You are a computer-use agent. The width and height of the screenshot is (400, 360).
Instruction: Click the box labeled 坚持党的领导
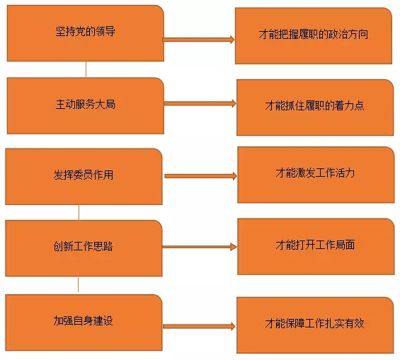[86, 33]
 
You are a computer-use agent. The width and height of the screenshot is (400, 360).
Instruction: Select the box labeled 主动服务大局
[86, 105]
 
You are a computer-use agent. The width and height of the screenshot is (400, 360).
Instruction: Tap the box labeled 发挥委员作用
[84, 177]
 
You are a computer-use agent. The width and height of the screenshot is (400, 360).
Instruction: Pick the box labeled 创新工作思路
[84, 248]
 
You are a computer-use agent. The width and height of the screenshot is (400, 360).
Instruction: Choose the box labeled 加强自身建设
[84, 323]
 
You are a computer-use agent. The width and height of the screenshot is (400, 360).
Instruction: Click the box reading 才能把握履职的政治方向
[314, 35]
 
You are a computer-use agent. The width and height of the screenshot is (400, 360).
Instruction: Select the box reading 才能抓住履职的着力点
[315, 108]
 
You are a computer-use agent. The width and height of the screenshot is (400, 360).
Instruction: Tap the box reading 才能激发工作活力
[316, 175]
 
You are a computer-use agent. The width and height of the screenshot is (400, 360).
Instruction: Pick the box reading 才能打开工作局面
[316, 246]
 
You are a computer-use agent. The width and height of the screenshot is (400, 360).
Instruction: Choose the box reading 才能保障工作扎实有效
[315, 325]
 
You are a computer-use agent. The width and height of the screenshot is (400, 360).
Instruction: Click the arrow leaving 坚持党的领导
[198, 40]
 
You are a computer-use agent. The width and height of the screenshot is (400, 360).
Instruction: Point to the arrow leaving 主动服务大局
[200, 103]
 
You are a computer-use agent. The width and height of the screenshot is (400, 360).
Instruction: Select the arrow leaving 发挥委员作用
[201, 176]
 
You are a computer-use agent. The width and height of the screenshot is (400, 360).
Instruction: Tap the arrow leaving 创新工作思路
[200, 247]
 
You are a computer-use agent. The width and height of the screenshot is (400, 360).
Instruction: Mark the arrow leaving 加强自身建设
[199, 326]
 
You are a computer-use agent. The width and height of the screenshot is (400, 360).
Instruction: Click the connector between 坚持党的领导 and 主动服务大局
[86, 69]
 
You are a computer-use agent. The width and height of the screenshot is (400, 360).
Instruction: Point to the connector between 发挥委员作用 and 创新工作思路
[79, 212]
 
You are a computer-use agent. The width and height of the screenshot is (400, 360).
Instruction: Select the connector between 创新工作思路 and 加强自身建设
[78, 284]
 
